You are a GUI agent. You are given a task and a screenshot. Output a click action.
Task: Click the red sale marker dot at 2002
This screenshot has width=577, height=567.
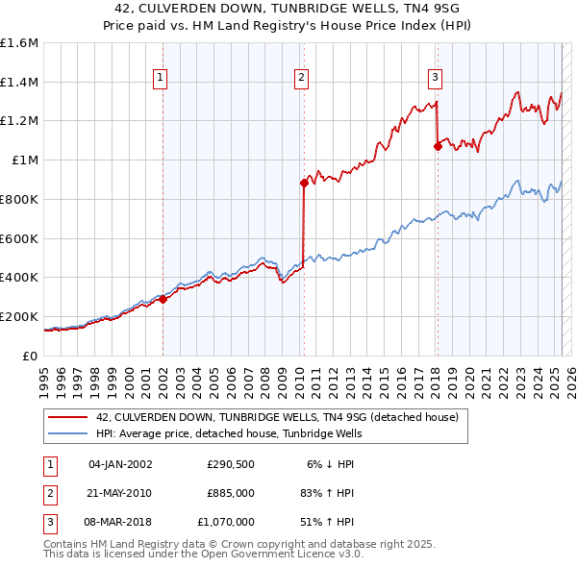pyautogui.click(x=163, y=299)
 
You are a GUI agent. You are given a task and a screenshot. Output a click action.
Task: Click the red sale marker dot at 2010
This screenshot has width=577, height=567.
pyautogui.click(x=304, y=182)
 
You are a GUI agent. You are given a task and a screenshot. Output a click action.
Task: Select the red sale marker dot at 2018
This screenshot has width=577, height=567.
pyautogui.click(x=438, y=146)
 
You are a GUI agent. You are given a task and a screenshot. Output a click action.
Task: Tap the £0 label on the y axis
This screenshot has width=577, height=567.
pyautogui.click(x=29, y=356)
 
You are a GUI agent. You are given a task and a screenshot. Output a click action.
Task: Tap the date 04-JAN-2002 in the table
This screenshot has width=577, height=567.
pyautogui.click(x=120, y=464)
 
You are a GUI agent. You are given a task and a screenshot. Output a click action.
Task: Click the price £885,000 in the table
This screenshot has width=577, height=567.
pyautogui.click(x=230, y=493)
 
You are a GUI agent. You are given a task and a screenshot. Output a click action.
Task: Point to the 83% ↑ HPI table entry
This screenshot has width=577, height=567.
pyautogui.click(x=329, y=493)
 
